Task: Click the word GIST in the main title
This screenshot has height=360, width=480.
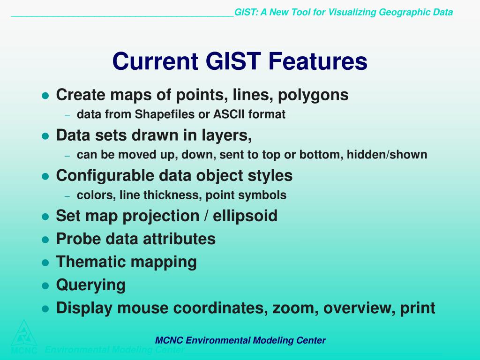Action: pyautogui.click(x=233, y=61)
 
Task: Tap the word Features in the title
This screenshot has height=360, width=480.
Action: pyautogui.click(x=318, y=61)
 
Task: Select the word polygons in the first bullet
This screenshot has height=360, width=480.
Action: pyautogui.click(x=313, y=95)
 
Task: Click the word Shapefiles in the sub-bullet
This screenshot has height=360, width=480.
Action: pyautogui.click(x=165, y=114)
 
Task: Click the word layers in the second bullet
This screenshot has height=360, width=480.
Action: pyautogui.click(x=226, y=135)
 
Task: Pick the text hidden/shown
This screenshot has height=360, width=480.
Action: pyautogui.click(x=387, y=154)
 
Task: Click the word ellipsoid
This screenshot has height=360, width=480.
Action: pyautogui.click(x=245, y=216)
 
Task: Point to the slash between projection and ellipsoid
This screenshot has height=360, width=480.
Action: pyautogui.click(x=206, y=216)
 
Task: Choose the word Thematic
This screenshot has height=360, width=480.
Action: pyautogui.click(x=91, y=262)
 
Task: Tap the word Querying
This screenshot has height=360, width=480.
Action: pyautogui.click(x=91, y=285)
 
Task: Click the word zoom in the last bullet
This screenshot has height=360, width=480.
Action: pyautogui.click(x=293, y=308)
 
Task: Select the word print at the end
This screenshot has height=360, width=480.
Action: pyautogui.click(x=418, y=308)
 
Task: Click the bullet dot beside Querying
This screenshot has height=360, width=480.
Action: pyautogui.click(x=45, y=286)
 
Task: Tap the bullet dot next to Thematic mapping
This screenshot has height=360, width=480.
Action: pyautogui.click(x=45, y=263)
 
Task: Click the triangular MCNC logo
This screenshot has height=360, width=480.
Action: pyautogui.click(x=24, y=336)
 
